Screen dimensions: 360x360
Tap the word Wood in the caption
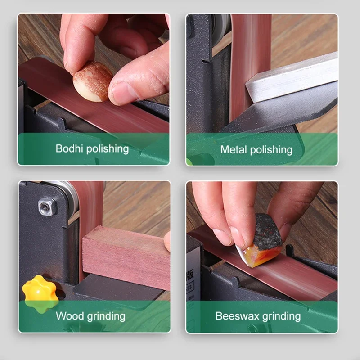(x=69, y=316)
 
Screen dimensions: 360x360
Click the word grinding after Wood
(x=106, y=316)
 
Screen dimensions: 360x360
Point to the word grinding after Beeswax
(x=280, y=316)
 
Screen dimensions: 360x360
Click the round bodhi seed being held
(x=93, y=81)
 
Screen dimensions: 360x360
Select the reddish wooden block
(x=124, y=256)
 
